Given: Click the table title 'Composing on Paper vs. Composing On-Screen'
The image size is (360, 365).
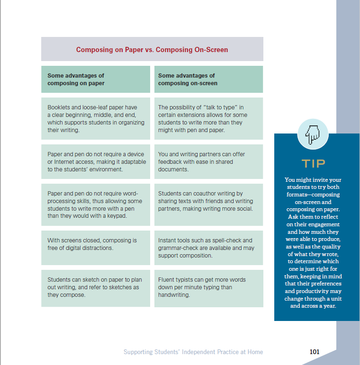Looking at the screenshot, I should point(152,49).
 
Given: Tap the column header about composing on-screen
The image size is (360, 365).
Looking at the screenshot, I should point(208,79).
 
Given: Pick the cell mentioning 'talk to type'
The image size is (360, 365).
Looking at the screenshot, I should point(208,119).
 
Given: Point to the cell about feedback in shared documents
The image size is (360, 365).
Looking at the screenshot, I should point(208,161).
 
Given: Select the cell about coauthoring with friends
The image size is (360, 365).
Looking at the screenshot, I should point(208,205).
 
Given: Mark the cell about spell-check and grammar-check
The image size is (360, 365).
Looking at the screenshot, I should point(208,248).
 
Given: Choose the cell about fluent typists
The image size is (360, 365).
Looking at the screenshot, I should point(208,287).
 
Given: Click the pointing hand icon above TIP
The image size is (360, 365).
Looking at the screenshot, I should point(313,134).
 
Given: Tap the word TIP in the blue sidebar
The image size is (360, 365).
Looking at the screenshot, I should point(314,164).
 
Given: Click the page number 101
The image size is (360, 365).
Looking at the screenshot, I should point(314,352).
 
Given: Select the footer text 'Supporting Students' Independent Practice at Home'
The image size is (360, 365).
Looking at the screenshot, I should point(193,352).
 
